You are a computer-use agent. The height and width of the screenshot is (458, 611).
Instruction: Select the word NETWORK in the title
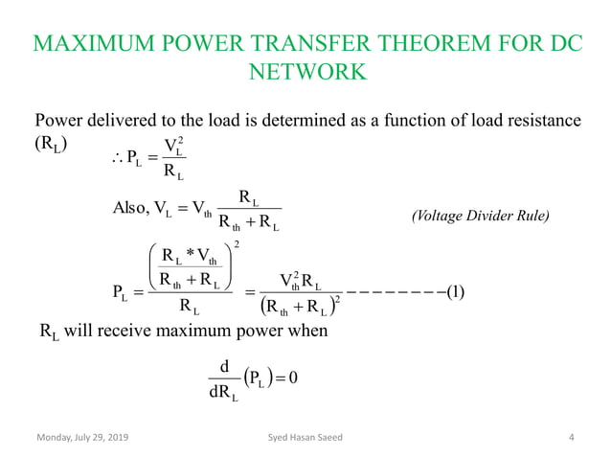coord(305,73)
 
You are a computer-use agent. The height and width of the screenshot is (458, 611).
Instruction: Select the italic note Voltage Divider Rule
coord(480,218)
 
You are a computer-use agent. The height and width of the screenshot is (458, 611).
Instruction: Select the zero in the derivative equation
coord(295,376)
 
